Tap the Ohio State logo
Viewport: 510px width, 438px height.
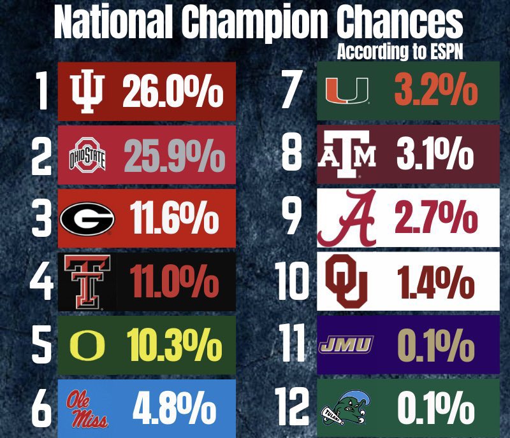(86, 158)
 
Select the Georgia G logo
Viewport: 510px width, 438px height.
(87, 220)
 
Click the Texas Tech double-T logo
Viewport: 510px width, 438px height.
(86, 283)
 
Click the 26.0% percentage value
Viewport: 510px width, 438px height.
(172, 92)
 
